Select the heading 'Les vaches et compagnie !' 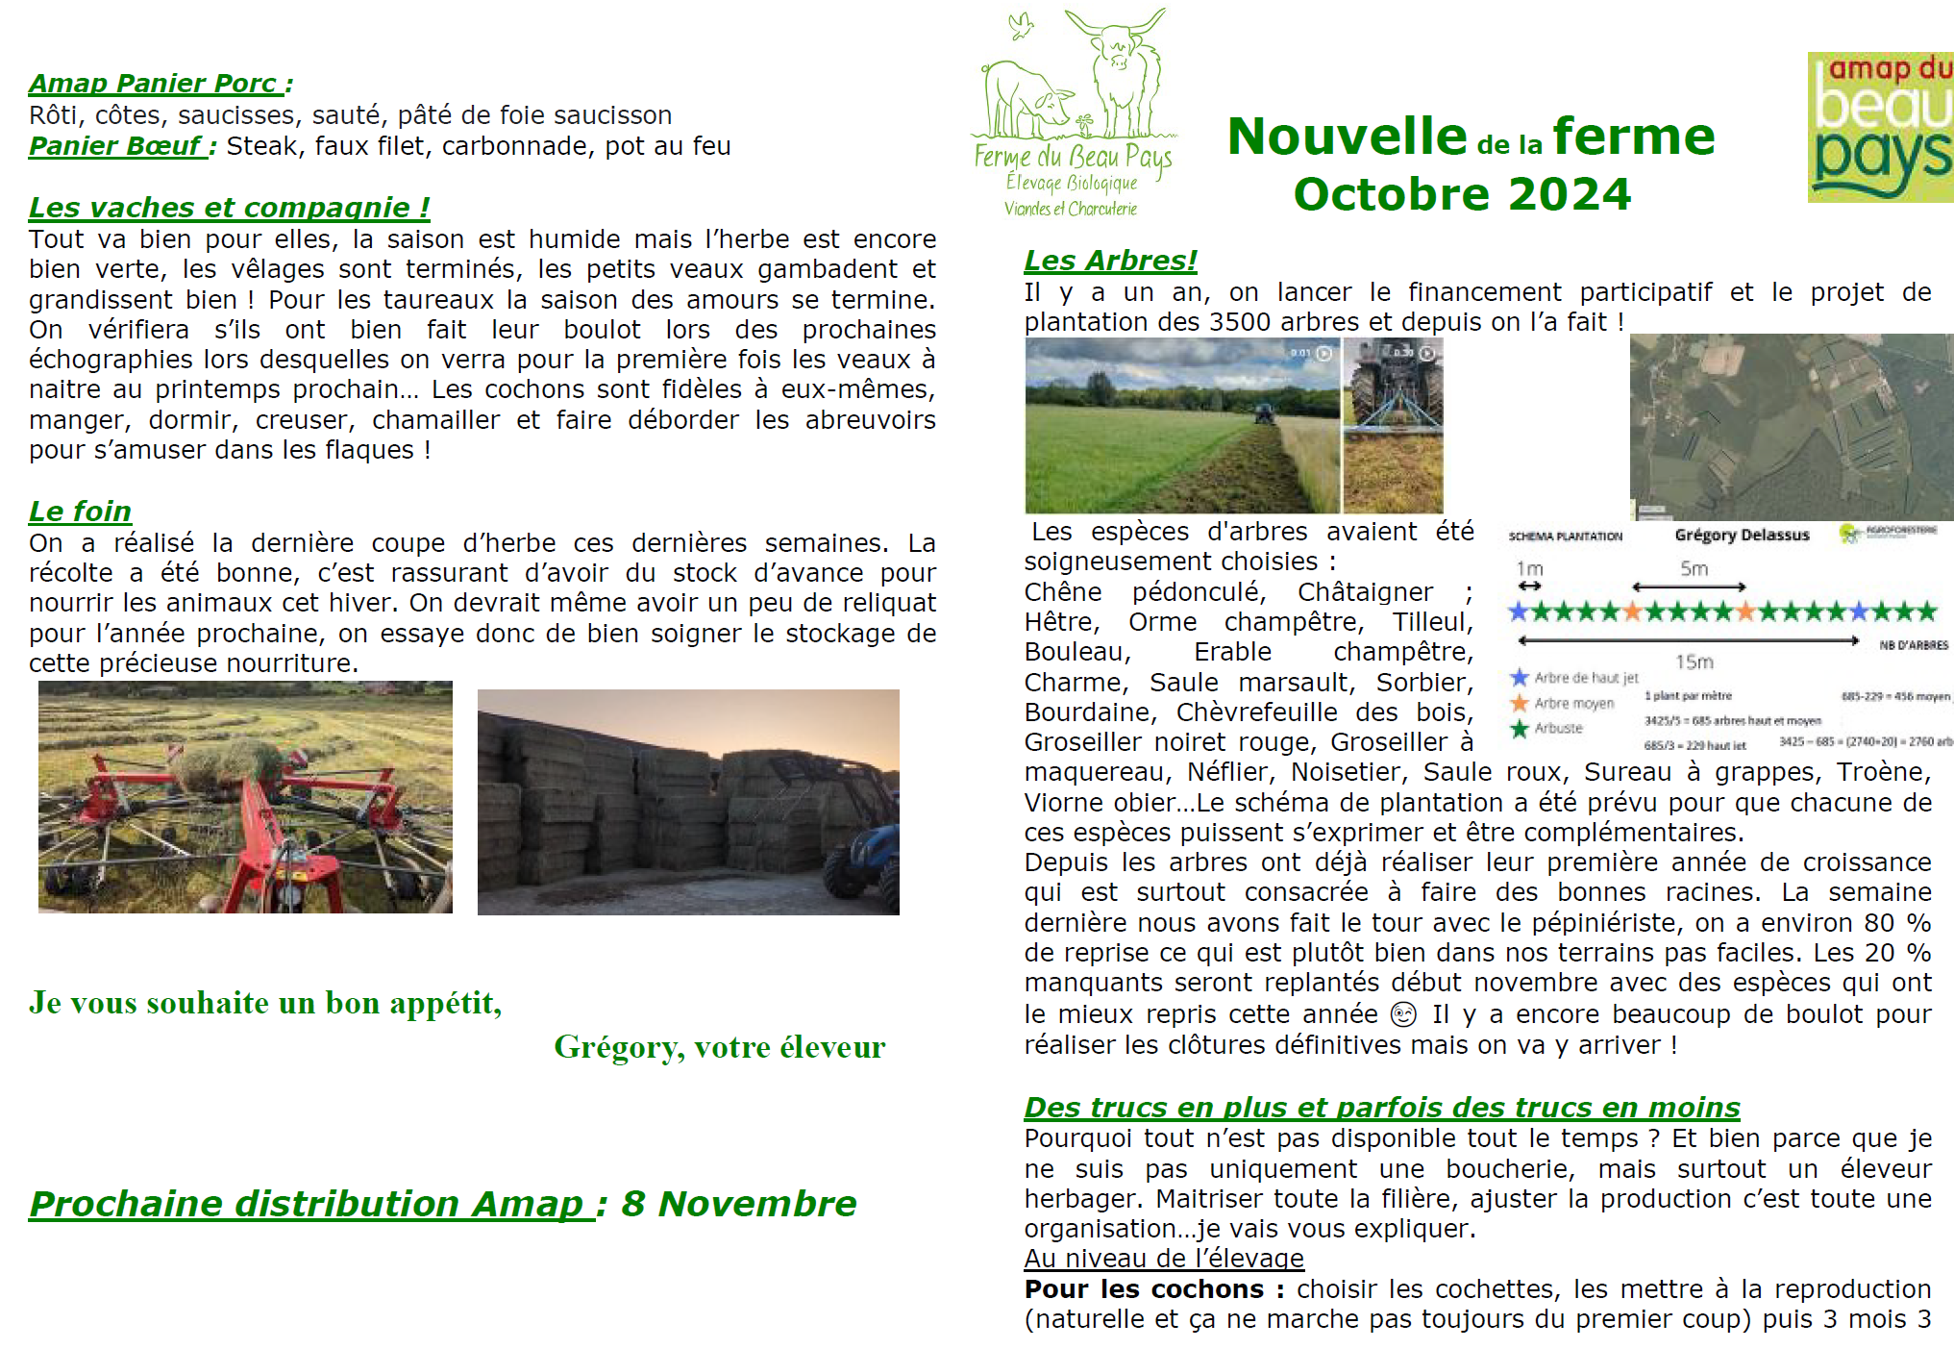pos(229,208)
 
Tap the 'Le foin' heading pos(80,512)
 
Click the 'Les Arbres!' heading pos(1110,261)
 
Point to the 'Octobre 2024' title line pos(1462,194)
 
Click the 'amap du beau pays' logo pos(1880,127)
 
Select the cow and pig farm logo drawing pos(1073,87)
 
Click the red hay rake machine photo pos(245,797)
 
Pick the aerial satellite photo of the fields pos(1791,426)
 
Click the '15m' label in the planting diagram pos(1694,662)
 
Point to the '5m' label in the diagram pos(1694,568)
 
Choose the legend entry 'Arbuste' pos(1558,729)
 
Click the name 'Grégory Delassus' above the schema pos(1742,535)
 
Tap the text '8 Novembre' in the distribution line pos(738,1204)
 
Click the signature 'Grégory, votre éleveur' pos(719,1047)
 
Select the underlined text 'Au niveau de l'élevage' pos(1163,1259)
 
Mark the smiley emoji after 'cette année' pos(1403,1014)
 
